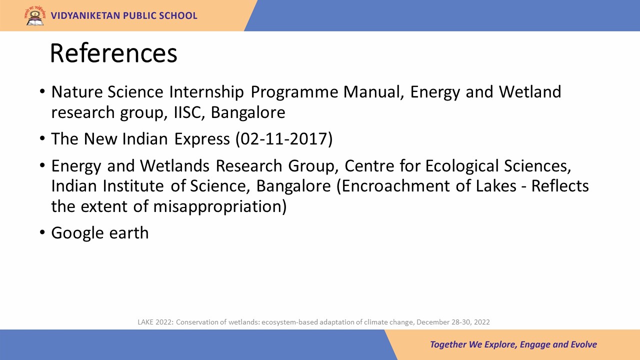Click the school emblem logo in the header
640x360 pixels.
(35, 16)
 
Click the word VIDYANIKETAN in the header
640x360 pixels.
(85, 15)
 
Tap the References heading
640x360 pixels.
(113, 53)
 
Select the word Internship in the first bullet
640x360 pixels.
(206, 92)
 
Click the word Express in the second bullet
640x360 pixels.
(202, 139)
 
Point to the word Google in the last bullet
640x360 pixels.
(77, 233)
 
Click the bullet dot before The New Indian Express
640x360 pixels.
(42, 138)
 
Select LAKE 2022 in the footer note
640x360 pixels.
(155, 322)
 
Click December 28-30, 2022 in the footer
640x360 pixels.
(453, 322)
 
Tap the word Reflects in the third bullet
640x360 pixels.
(560, 186)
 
